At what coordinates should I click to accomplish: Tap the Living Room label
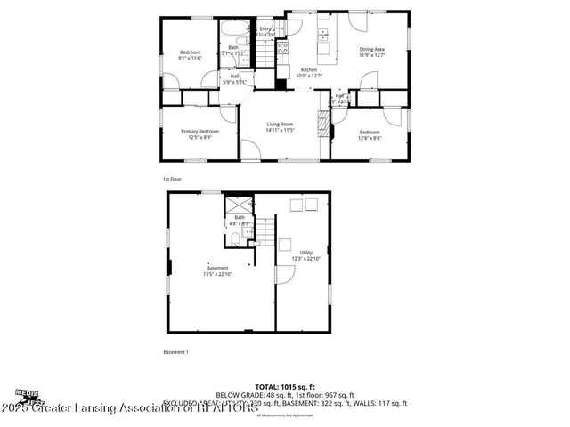280,125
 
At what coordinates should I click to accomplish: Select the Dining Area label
372,49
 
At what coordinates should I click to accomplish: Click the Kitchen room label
309,69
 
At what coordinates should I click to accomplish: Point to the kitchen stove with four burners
282,49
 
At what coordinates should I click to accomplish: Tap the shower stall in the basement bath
232,204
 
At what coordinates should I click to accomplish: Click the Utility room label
305,252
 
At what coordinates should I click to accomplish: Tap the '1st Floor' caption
172,179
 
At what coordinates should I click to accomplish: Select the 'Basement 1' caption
175,352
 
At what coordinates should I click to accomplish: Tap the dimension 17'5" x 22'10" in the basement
217,273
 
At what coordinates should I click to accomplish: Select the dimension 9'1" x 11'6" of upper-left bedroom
190,58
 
